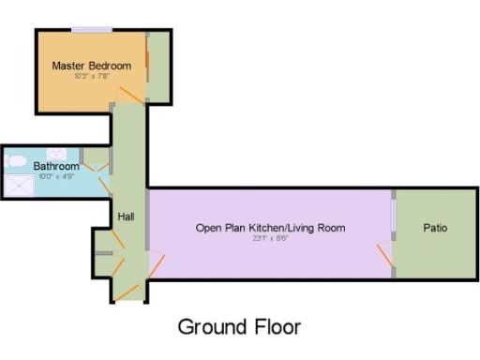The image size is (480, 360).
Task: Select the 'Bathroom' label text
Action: tap(56, 166)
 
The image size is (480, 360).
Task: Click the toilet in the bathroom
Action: tap(16, 161)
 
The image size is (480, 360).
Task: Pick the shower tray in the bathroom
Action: tap(18, 184)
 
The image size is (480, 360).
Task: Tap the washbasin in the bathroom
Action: tap(94, 157)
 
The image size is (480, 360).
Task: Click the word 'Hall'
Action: tap(127, 217)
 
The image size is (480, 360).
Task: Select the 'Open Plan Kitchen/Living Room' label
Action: tap(270, 228)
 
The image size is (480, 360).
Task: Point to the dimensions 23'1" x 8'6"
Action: tap(270, 238)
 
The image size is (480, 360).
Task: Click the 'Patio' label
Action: tap(435, 228)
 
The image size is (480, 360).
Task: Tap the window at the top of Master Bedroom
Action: tap(90, 30)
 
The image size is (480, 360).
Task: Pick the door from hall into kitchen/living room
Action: tap(156, 265)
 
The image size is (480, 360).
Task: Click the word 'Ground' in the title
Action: tap(214, 327)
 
